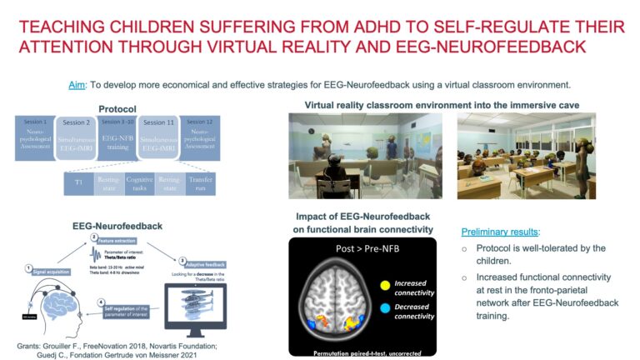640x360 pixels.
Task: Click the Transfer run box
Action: coord(201,184)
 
